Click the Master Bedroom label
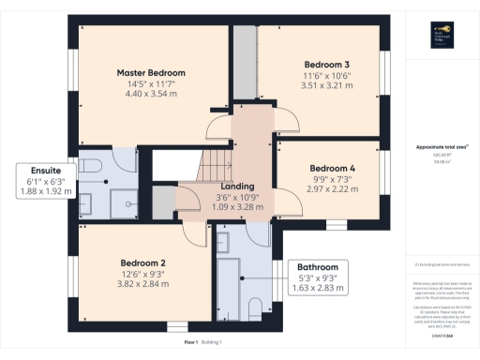pos(151,72)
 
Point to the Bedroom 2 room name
pos(143,262)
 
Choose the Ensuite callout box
pos(39,181)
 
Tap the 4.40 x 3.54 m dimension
pos(151,94)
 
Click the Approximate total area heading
pos(440,148)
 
